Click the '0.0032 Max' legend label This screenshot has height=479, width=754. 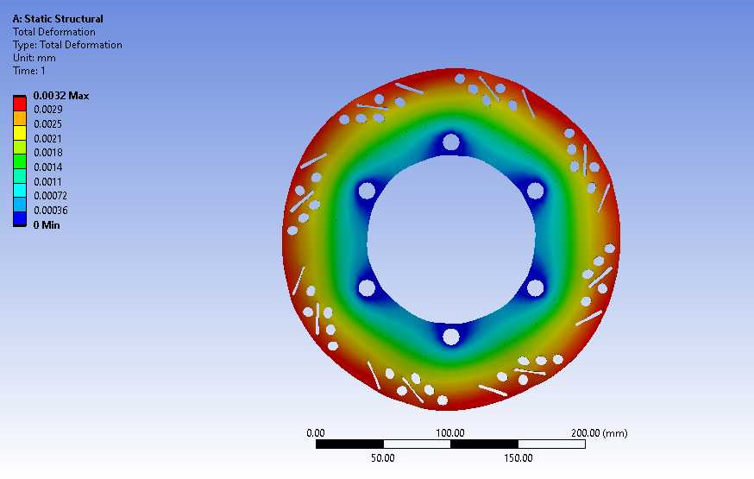(61, 96)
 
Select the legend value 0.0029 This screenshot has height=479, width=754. (48, 109)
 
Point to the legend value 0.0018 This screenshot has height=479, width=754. (48, 153)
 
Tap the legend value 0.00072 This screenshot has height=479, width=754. (51, 196)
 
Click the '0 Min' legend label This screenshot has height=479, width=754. (47, 224)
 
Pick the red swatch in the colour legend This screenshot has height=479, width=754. (20, 104)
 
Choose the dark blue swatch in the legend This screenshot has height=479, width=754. (20, 219)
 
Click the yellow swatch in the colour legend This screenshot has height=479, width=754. (20, 132)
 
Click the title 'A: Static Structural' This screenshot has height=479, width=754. (58, 19)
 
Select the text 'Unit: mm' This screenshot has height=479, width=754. (35, 58)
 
